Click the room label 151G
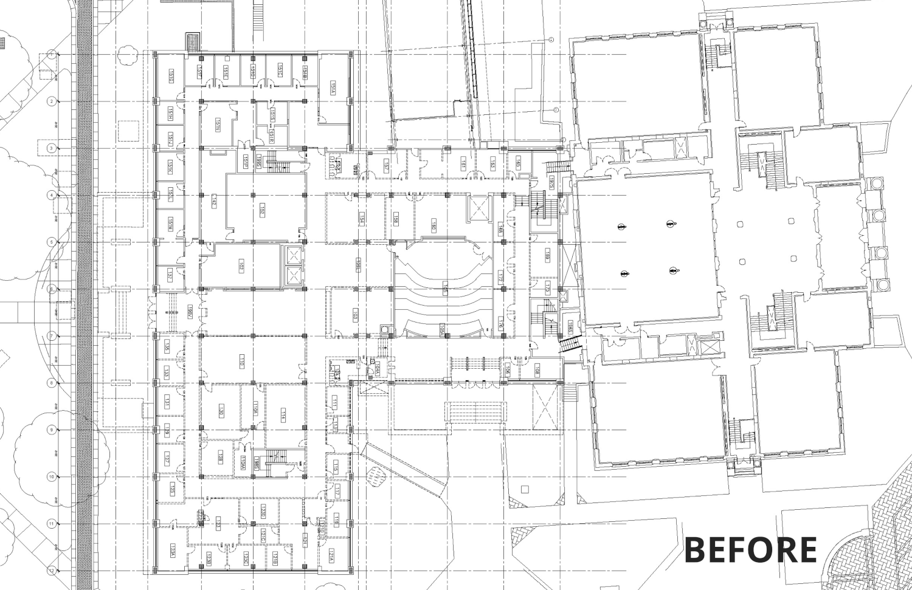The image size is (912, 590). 171,75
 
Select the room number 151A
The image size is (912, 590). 333,87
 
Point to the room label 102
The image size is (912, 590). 241,266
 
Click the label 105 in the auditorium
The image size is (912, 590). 446,288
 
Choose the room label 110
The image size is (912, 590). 241,363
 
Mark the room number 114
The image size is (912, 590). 283,416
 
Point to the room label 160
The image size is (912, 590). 434,224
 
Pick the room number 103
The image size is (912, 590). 356,314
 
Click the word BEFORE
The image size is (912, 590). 750,550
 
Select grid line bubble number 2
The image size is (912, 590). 52,101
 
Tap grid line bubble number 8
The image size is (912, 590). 52,383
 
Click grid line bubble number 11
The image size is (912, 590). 52,524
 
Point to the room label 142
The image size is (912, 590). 214,202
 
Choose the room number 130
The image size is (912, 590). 221,411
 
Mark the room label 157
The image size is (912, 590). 386,165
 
